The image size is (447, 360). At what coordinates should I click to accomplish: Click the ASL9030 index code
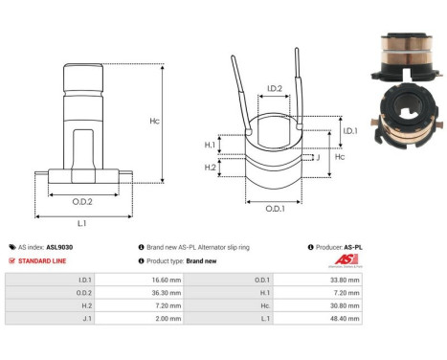(x=59, y=247)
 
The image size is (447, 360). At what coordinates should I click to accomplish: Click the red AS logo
(x=351, y=260)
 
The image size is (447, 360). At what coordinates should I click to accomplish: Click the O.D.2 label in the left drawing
(x=83, y=201)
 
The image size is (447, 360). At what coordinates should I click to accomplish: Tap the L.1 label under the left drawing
(x=83, y=222)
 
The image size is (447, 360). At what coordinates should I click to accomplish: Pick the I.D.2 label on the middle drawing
(x=274, y=89)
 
